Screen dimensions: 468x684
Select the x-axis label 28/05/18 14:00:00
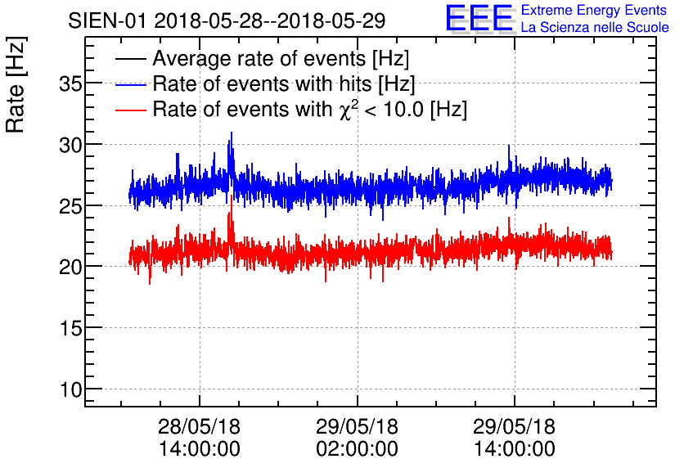[199, 438]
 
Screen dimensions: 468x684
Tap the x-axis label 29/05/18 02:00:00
[357, 438]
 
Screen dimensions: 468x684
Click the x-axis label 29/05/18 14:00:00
[514, 438]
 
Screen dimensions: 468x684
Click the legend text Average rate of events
[281, 59]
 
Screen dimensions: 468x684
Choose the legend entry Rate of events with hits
[283, 84]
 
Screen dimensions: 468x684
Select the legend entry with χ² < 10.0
[309, 109]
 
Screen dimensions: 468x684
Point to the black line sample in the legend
[131, 60]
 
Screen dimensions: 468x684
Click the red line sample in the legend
[131, 110]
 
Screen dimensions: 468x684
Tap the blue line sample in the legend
[131, 85]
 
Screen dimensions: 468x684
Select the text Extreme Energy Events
[593, 10]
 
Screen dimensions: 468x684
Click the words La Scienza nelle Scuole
[594, 27]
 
